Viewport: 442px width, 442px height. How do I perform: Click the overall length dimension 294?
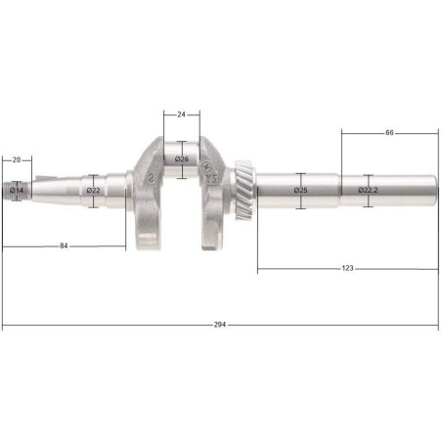[x=220, y=325]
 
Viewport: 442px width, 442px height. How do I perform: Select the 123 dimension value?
[x=347, y=267]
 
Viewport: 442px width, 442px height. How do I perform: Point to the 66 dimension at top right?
[x=389, y=131]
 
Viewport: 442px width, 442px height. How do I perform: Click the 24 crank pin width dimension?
[x=182, y=114]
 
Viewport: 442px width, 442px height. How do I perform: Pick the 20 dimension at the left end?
[x=17, y=158]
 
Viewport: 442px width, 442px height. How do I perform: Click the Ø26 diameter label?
[x=182, y=158]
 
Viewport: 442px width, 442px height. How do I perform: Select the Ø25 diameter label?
[x=300, y=190]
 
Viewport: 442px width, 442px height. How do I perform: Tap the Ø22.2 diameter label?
[x=367, y=190]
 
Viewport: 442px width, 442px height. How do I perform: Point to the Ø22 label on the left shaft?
[x=94, y=190]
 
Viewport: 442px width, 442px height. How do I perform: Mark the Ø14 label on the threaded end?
[x=17, y=189]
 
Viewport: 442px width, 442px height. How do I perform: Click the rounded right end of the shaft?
[x=431, y=189]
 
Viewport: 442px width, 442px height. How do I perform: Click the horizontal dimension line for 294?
[x=117, y=325]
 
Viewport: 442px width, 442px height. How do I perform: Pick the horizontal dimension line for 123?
[x=293, y=267]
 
